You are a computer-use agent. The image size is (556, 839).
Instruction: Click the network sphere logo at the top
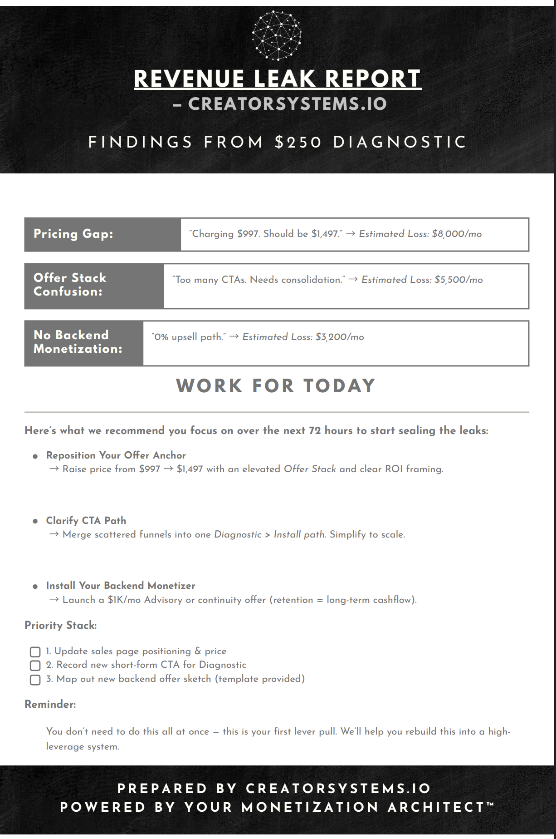coord(277,35)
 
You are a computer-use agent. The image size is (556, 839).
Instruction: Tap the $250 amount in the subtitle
coord(298,142)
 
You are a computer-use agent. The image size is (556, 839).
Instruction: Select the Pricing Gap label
coord(73,234)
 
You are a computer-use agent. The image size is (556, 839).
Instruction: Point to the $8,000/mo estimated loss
coord(457,234)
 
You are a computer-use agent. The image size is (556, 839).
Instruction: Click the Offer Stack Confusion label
coord(70,285)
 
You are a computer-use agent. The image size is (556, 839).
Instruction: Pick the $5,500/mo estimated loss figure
coord(458,280)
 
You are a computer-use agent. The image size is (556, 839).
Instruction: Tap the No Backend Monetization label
coord(78,342)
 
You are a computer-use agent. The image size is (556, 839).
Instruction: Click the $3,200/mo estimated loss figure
coord(340,337)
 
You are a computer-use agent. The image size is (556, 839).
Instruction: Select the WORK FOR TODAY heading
coord(276,386)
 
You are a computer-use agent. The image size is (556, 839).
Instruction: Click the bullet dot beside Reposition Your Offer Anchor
coord(35,456)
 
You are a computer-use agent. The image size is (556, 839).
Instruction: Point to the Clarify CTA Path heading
coord(86,521)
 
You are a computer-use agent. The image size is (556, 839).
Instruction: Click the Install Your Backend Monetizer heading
coord(121,586)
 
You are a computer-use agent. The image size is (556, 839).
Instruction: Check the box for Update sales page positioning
coord(35,652)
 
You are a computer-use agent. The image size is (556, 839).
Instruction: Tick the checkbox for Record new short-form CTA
coord(35,666)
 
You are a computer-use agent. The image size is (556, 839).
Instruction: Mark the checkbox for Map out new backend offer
coord(35,680)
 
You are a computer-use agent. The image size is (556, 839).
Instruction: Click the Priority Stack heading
coord(61,625)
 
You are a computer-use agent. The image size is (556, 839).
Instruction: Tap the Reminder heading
coord(50,704)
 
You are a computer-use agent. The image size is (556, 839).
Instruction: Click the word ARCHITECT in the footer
coord(436,807)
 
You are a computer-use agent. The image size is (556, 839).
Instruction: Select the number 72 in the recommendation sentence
coord(315,430)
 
